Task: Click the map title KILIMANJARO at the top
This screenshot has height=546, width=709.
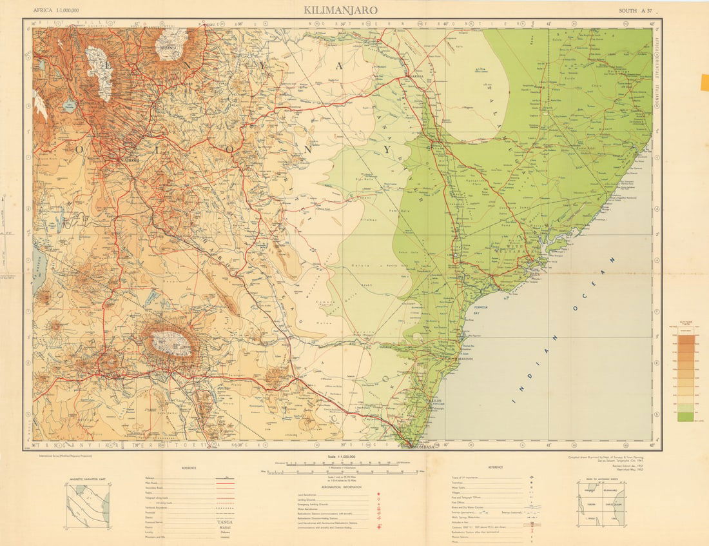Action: coord(341,10)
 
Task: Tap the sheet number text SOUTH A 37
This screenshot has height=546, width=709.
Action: coord(635,10)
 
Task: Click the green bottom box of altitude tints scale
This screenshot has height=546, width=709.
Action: coord(685,417)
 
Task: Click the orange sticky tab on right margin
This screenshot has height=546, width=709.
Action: coord(704,83)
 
